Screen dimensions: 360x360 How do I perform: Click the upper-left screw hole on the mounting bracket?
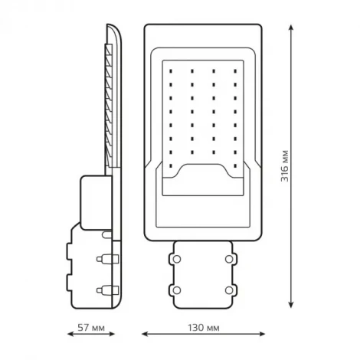[x=178, y=259]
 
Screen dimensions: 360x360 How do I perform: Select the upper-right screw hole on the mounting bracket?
[x=227, y=259]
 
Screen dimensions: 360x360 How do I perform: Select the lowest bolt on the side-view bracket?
[x=100, y=290]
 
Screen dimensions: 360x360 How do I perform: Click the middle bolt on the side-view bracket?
[x=100, y=260]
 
